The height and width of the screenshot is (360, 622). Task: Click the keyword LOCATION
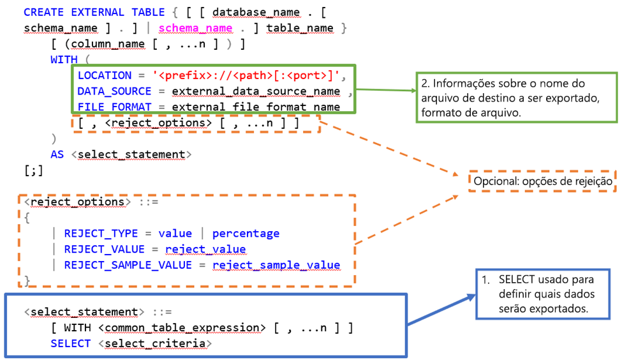point(104,75)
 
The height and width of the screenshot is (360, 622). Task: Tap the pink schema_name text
point(195,28)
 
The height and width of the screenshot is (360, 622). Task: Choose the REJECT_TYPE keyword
point(101,233)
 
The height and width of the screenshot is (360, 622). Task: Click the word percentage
point(246,233)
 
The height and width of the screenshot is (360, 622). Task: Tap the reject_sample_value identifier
point(276,265)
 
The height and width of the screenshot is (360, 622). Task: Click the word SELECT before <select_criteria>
point(70,343)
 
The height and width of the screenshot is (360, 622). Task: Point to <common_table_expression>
point(182,327)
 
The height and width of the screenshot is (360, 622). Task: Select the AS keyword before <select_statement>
point(57,154)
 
